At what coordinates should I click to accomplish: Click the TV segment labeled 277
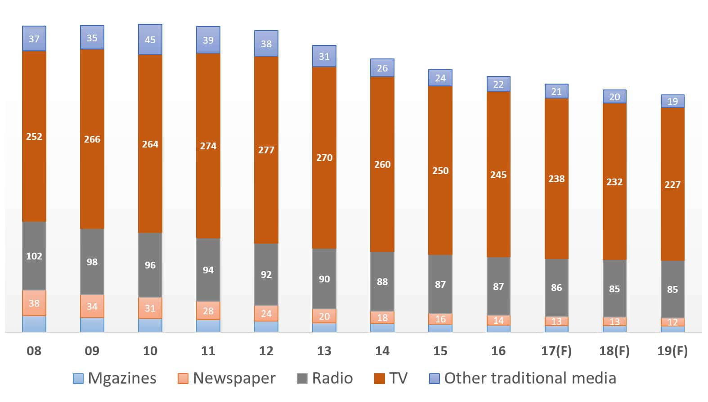(266, 150)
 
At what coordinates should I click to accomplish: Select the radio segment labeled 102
(34, 256)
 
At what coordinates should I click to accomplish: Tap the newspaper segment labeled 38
(34, 303)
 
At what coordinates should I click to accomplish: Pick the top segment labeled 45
(150, 40)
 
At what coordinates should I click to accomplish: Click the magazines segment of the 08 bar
(34, 324)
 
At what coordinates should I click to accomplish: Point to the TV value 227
(672, 184)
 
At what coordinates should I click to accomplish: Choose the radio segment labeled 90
(324, 279)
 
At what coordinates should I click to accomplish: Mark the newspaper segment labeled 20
(324, 316)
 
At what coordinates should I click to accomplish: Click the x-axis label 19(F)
(672, 351)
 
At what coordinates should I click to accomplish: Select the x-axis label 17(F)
(556, 351)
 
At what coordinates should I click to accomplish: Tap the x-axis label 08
(34, 351)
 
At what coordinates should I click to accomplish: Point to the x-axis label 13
(324, 351)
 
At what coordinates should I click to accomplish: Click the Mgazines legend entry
(115, 378)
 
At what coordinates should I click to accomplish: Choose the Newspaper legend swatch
(183, 379)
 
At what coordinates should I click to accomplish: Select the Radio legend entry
(325, 378)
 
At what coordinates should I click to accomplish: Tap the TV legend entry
(391, 378)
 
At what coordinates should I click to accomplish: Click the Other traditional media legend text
(530, 378)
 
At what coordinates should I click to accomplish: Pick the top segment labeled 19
(672, 101)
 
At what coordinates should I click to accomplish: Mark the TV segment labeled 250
(440, 170)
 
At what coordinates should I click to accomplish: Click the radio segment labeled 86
(556, 287)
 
